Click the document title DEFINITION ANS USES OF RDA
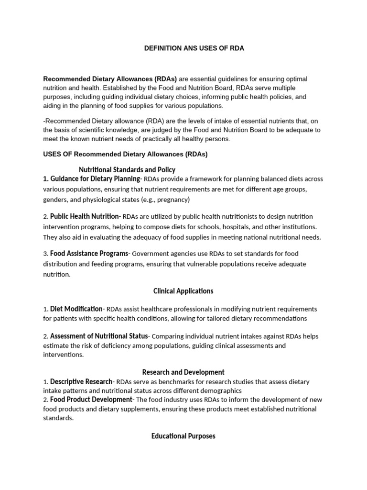[194, 49]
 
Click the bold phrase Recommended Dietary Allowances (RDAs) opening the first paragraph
[110, 79]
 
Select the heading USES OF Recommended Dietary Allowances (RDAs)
[125, 155]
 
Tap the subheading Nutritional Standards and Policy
[127, 169]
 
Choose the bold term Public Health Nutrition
[85, 216]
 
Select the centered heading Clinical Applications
[183, 291]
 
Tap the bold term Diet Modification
[76, 309]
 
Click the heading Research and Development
[183, 372]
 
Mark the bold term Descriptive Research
[81, 381]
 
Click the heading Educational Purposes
[183, 436]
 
